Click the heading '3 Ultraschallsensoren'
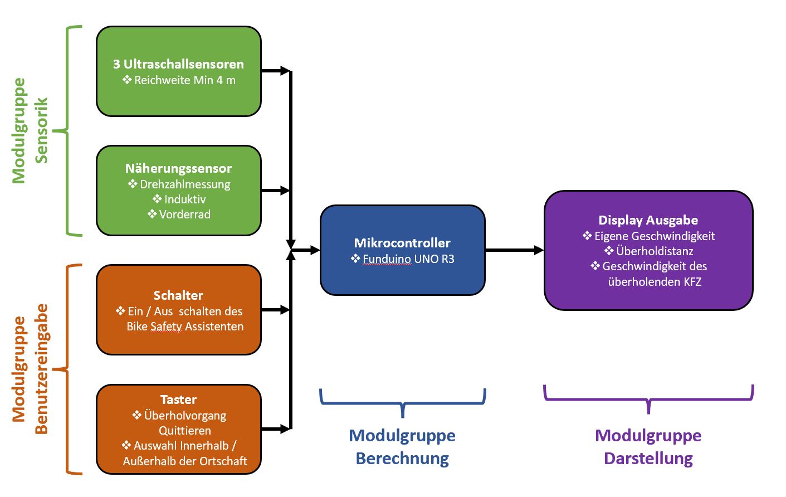178,64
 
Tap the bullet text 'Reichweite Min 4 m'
184,80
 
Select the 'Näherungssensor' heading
178,168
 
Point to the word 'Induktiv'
185,199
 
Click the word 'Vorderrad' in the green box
184,215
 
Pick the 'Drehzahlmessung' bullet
185,184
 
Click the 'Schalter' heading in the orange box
178,295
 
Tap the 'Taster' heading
178,399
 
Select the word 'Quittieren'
185,431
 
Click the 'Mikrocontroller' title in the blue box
402,243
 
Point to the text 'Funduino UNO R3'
408,259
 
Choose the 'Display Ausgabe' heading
648,220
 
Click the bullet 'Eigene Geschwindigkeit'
654,236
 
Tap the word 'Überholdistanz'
655,251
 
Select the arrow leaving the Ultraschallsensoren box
276,71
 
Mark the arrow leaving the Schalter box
276,310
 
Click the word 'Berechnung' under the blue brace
402,459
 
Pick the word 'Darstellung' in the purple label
648,459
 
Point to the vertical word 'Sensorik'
42,130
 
